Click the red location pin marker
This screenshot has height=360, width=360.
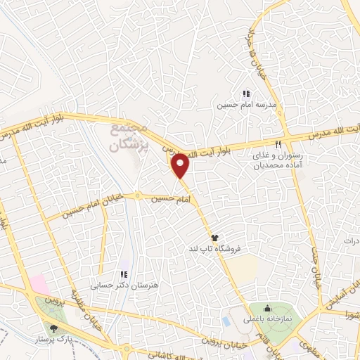click(x=181, y=165)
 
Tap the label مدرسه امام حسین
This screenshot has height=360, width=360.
click(x=245, y=105)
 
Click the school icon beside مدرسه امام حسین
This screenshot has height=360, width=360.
click(x=245, y=94)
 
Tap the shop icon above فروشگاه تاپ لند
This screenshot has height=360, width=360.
click(x=214, y=238)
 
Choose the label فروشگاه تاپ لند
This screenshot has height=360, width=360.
click(x=215, y=250)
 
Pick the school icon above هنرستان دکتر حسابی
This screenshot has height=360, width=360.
click(x=124, y=274)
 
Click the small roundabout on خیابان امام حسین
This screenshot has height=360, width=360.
click(x=138, y=195)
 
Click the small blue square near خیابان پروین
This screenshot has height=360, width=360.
click(x=225, y=321)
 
